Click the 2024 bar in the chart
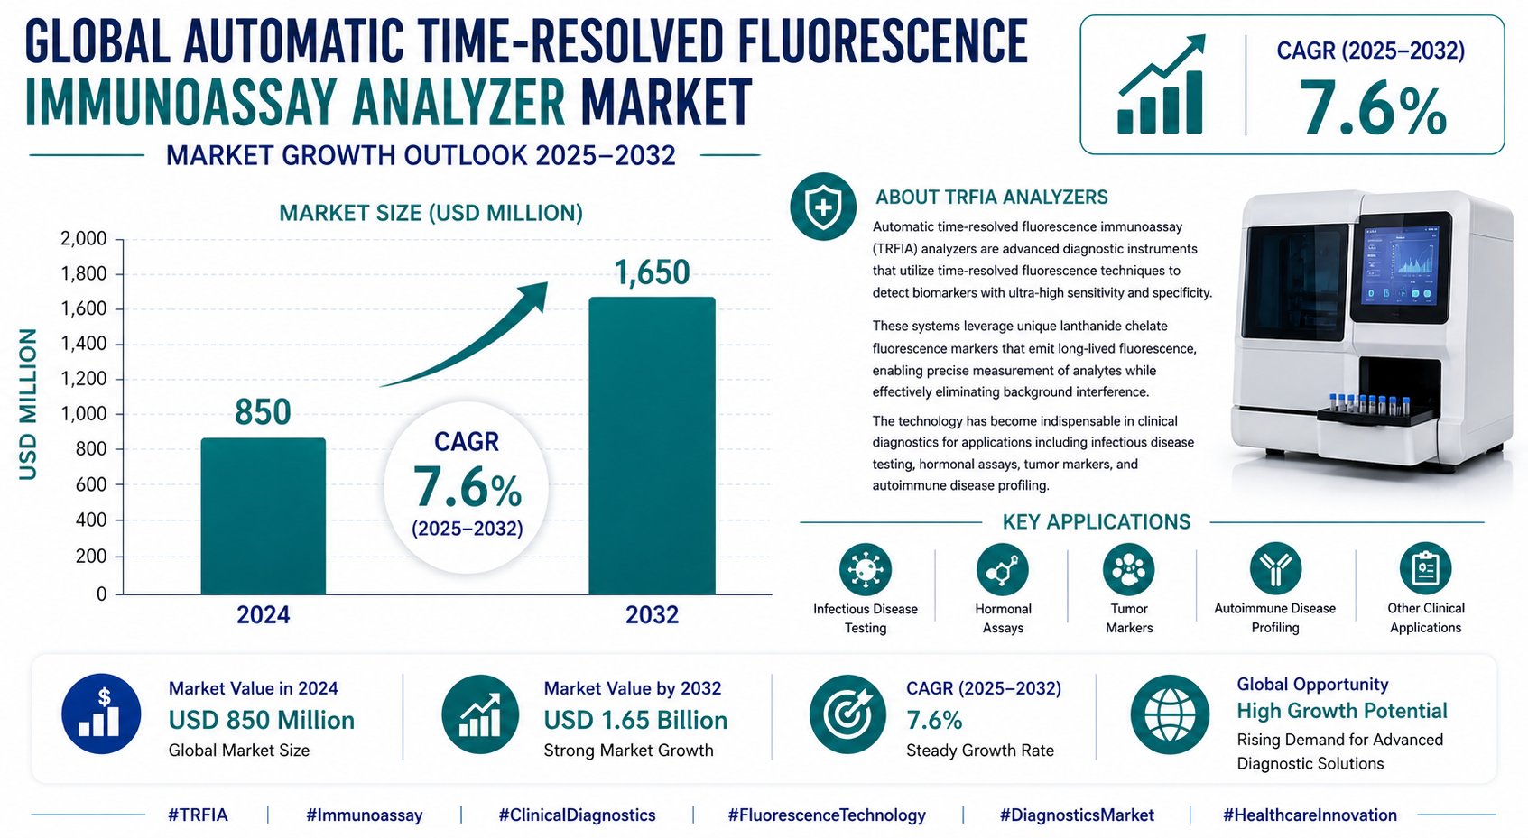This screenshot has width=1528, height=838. [x=263, y=516]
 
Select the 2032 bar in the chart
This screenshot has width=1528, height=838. [x=652, y=446]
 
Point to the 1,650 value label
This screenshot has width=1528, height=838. [x=652, y=272]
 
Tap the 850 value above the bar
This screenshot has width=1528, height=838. [x=263, y=412]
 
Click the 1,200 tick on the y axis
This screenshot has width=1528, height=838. [x=84, y=379]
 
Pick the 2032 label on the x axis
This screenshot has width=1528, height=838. [x=652, y=615]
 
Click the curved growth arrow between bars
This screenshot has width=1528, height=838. [x=469, y=338]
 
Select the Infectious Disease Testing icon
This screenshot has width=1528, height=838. [x=865, y=569]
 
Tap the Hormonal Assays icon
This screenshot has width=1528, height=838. [x=1002, y=569]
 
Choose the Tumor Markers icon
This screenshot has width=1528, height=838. [x=1128, y=569]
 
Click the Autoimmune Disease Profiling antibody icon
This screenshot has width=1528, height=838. [x=1274, y=568]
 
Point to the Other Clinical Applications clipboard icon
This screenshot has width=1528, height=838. [x=1425, y=568]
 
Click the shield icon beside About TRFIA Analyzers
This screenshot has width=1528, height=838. [x=822, y=207]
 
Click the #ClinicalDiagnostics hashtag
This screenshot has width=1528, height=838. [x=577, y=815]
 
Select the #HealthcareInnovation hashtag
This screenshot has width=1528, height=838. [x=1310, y=815]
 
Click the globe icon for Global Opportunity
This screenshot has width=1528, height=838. [x=1170, y=714]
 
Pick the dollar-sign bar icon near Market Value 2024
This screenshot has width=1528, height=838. [x=101, y=714]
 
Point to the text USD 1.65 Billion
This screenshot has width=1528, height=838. [x=635, y=720]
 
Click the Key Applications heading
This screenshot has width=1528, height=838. [x=1096, y=522]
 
